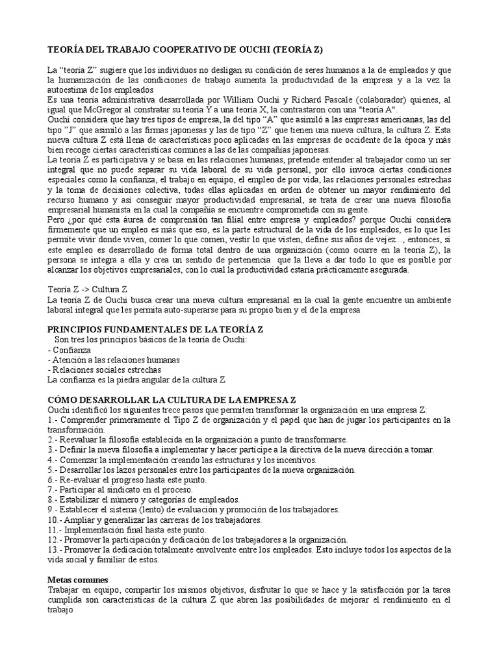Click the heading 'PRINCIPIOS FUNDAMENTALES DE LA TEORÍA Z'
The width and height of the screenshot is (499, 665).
pos(155,330)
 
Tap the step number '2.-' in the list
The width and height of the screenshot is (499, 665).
pos(53,440)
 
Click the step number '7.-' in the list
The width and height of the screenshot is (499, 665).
pos(53,490)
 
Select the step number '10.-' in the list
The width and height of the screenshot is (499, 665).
pos(56,520)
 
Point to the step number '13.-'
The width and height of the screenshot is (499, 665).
pos(56,549)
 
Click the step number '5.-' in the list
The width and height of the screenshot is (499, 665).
pos(53,470)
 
